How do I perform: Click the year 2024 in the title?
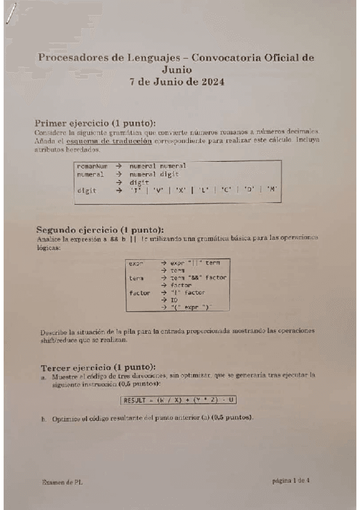coord(211,82)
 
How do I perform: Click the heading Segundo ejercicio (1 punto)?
coord(100,229)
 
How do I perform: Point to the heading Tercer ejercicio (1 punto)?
coord(99,367)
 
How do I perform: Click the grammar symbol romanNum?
coord(91,165)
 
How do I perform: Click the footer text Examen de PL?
coord(62,482)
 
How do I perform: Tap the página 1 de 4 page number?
coord(291,481)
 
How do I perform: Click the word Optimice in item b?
coord(66,418)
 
